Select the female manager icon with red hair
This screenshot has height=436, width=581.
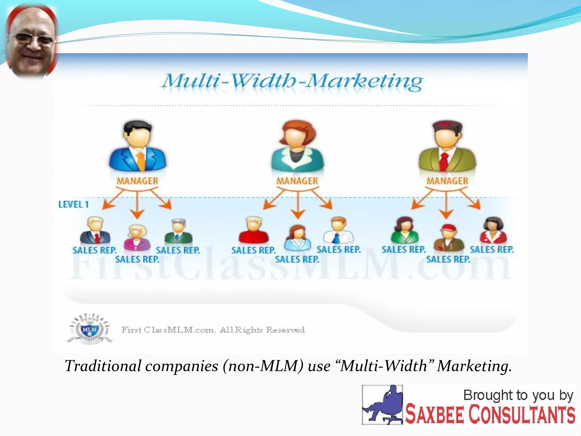click(x=297, y=146)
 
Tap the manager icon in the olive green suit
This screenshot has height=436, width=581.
click(x=447, y=146)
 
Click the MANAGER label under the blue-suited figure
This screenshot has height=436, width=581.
click(x=137, y=181)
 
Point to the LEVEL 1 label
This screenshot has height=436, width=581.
click(x=73, y=204)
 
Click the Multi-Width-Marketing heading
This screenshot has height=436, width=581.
click(x=292, y=81)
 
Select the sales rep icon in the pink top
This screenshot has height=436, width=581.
click(x=137, y=237)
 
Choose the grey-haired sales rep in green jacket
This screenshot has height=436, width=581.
click(x=178, y=231)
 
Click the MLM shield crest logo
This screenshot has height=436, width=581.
click(x=90, y=329)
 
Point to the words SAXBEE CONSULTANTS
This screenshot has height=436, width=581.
click(x=490, y=415)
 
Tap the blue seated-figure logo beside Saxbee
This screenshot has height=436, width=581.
click(x=382, y=405)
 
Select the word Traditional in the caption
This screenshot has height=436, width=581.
click(x=103, y=366)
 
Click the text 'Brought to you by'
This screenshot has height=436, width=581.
click(x=518, y=395)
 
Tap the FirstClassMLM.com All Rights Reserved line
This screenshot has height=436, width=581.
click(x=213, y=330)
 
